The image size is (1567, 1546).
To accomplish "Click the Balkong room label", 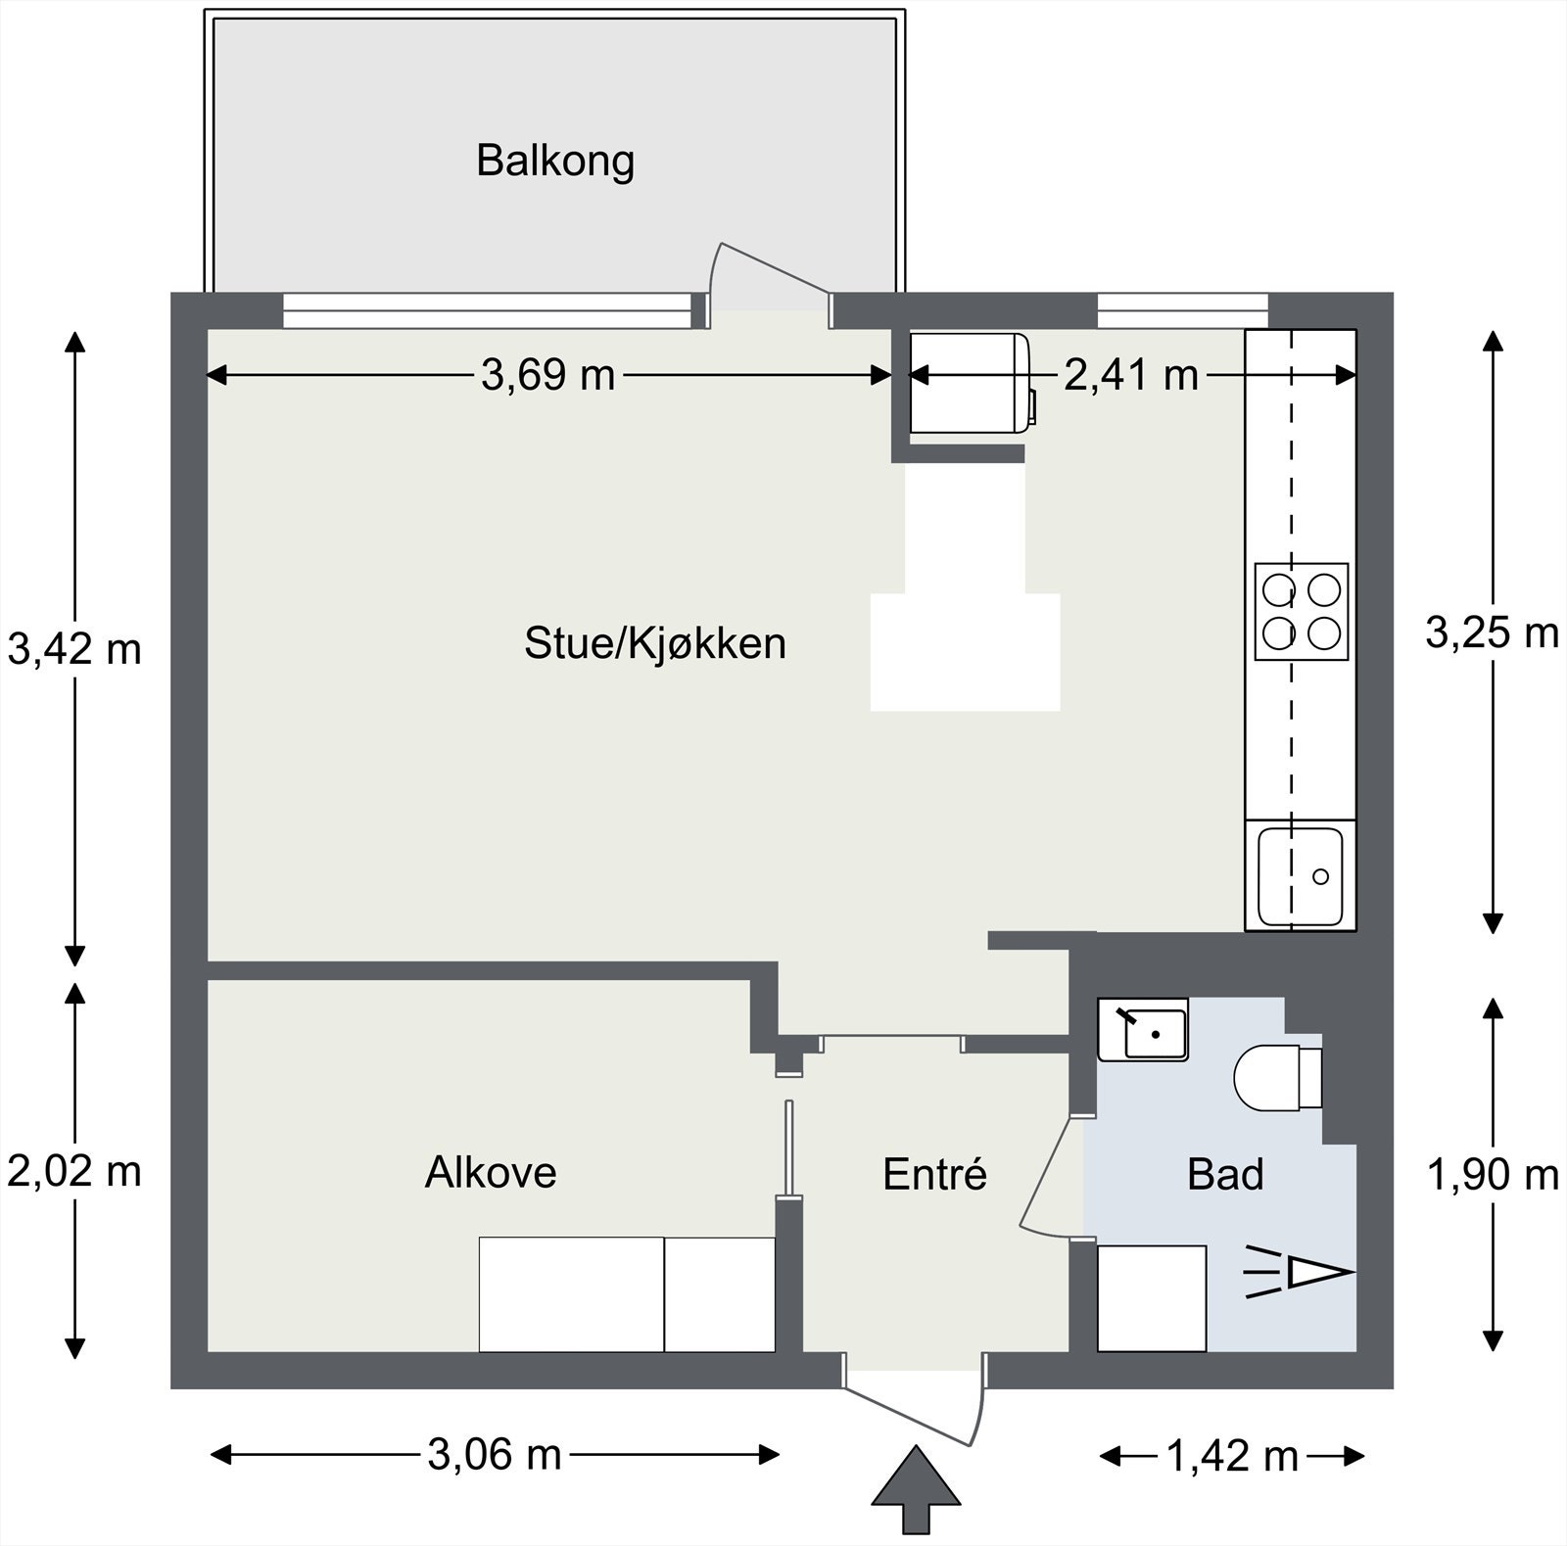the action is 555,162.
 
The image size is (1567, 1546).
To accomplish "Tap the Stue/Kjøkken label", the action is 655,644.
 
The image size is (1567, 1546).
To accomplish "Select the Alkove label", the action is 491,1172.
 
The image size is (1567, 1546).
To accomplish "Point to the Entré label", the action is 934,1174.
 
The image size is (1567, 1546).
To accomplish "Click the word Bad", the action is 1225,1174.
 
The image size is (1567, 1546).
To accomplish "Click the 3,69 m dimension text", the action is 548,375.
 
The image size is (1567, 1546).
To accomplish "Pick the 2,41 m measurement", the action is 1131,375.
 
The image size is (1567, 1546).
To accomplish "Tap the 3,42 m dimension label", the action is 74,649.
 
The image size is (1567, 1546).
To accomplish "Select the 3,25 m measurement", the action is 1492,633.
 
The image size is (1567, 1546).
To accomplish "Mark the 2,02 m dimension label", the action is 74,1171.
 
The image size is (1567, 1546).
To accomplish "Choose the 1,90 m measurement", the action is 1493,1174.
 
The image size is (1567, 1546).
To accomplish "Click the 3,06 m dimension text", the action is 495,1455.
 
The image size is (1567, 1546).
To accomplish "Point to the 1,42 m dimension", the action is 1232,1457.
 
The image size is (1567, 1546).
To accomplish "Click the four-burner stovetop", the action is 1302,612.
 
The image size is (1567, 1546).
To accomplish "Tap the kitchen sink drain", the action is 1320,876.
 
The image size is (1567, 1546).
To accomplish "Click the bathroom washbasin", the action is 1143,1030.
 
